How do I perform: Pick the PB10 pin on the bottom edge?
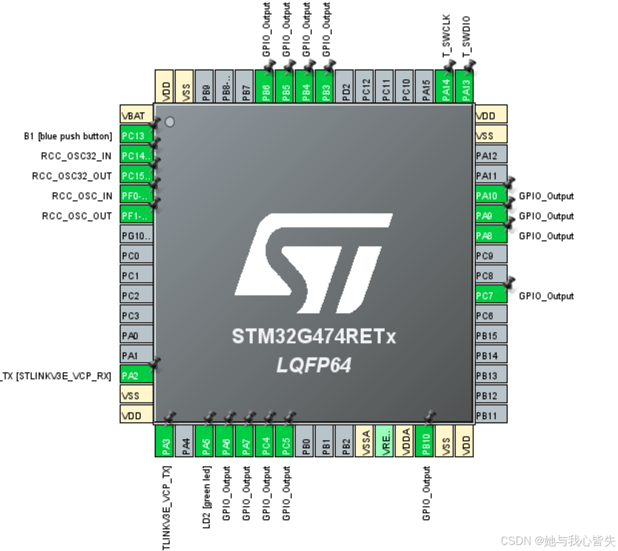click(425, 440)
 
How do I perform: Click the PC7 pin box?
click(491, 295)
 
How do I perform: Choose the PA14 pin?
click(446, 86)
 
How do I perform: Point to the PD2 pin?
click(346, 86)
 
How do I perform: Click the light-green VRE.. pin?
click(385, 440)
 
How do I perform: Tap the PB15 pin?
click(491, 335)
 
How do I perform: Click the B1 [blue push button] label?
click(67, 136)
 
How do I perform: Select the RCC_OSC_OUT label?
click(77, 216)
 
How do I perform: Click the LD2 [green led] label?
click(206, 492)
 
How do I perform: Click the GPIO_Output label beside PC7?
click(546, 296)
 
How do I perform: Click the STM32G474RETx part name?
click(313, 336)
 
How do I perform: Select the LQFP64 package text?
click(313, 365)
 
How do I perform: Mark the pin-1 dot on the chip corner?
click(169, 121)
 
